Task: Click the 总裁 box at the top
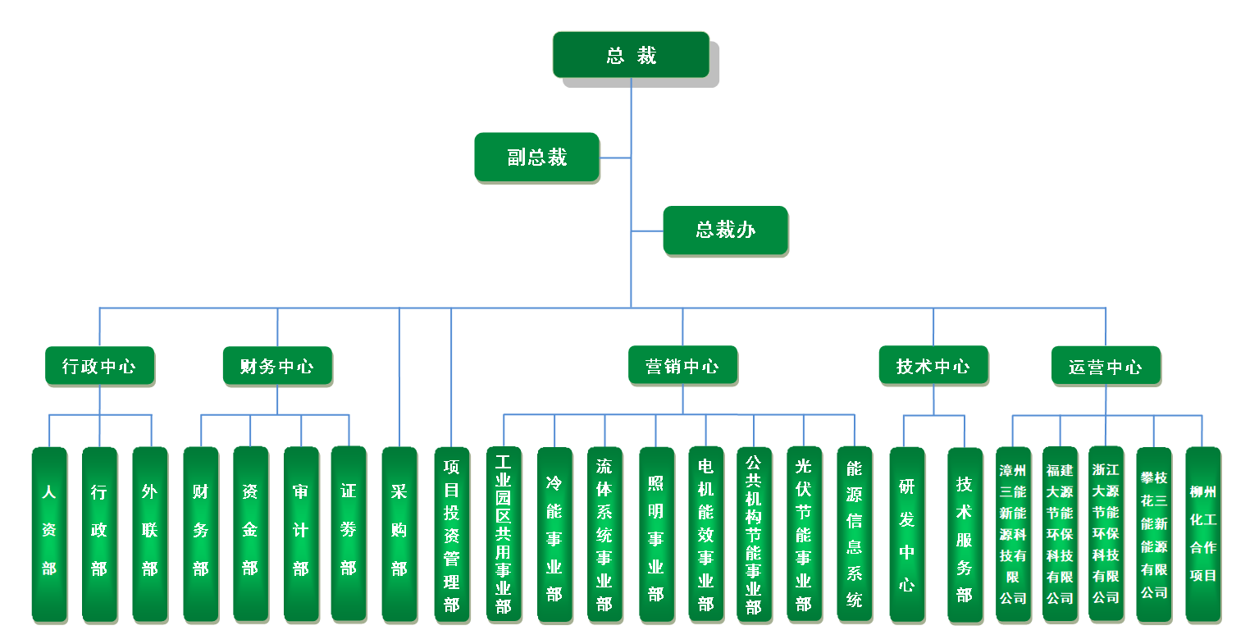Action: tap(631, 55)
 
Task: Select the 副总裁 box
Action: tap(536, 157)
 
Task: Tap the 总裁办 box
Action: tap(725, 230)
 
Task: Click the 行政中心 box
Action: tap(99, 366)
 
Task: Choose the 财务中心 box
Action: tap(277, 366)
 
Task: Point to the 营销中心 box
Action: tap(682, 366)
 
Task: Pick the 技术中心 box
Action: tap(933, 366)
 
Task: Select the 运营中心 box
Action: tap(1105, 366)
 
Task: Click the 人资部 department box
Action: tap(49, 533)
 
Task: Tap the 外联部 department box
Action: tap(149, 533)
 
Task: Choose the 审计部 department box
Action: tap(301, 533)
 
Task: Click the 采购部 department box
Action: tap(399, 533)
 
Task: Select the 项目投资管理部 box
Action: tap(452, 533)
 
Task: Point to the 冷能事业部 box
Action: tap(554, 533)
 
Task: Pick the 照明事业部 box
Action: tap(656, 533)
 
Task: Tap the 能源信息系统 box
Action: tap(855, 533)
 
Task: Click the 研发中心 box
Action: tap(906, 533)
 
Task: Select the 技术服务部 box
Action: tap(965, 533)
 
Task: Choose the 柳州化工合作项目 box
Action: tap(1202, 533)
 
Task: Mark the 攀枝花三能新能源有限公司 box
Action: tap(1153, 533)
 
